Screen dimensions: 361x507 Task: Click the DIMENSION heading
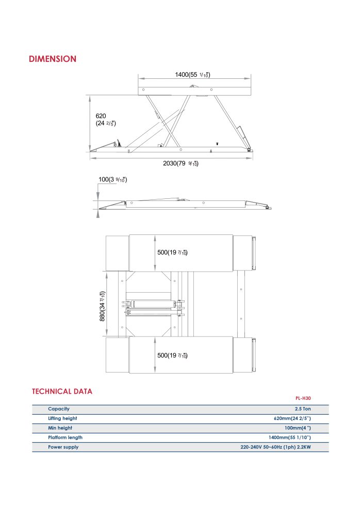(x=53, y=59)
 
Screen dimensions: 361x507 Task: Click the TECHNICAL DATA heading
(x=62, y=391)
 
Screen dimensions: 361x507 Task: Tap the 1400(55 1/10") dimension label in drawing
(x=193, y=75)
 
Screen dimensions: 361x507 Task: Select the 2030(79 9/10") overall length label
(x=180, y=163)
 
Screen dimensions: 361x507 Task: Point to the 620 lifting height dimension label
(x=106, y=120)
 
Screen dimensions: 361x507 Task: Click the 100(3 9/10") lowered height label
(x=112, y=179)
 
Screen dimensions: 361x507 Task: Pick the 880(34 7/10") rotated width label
(x=102, y=306)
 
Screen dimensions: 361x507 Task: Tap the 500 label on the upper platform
(x=172, y=252)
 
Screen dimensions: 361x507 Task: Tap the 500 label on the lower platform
(x=172, y=356)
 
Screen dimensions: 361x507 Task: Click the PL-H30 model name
(x=303, y=398)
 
